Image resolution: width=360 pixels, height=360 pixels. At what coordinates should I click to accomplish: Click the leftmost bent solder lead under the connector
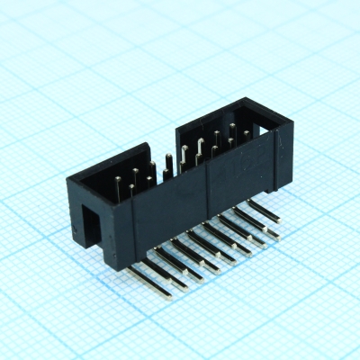click(144, 271)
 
